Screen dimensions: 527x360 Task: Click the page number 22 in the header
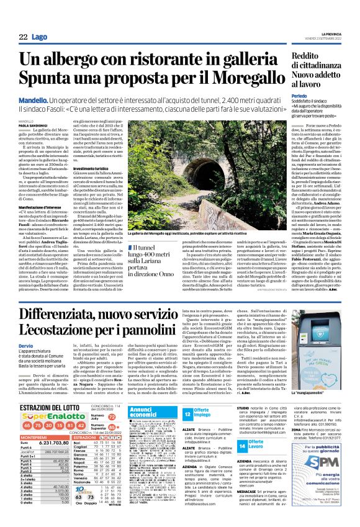pos(22,38)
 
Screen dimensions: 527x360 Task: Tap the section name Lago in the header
pos(40,38)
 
